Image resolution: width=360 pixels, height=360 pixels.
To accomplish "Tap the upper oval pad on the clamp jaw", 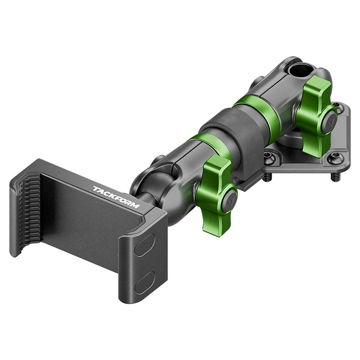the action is (145, 245).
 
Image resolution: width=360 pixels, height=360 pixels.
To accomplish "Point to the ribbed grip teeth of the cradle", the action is (29, 214).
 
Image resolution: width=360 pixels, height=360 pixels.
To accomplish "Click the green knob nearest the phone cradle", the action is (217, 195).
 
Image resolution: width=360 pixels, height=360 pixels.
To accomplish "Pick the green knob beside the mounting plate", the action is (316, 117).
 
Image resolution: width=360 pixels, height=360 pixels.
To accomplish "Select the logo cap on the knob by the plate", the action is (329, 122).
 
